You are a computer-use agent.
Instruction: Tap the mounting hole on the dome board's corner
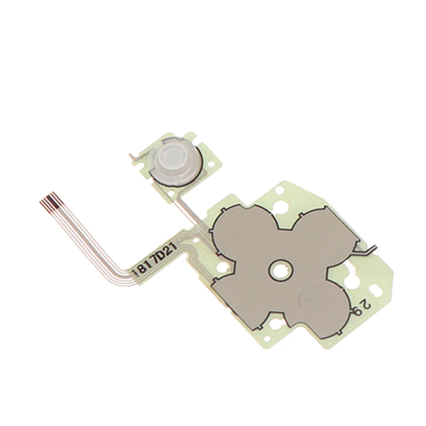[171, 193]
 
